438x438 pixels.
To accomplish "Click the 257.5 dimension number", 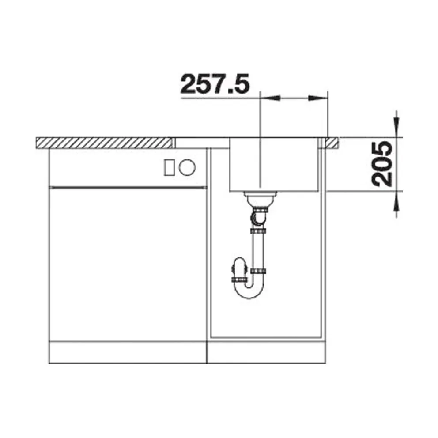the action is click(x=215, y=84).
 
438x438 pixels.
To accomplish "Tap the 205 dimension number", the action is click(x=381, y=164).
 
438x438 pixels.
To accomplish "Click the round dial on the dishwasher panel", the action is click(x=187, y=167).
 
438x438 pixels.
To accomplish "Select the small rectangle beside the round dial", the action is click(x=169, y=168).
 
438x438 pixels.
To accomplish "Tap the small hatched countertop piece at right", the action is click(x=332, y=143).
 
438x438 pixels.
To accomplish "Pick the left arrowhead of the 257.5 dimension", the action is click(x=270, y=98).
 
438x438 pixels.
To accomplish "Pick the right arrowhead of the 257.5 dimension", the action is click(x=318, y=98).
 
